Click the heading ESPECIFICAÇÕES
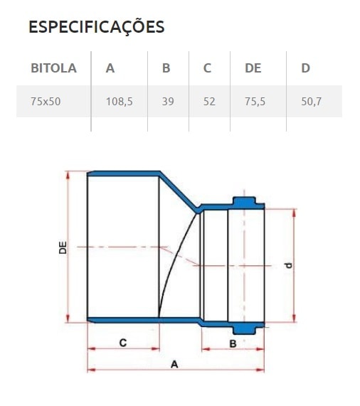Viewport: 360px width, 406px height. point(96,27)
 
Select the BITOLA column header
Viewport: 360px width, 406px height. point(53,68)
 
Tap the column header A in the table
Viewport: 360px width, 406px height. point(110,68)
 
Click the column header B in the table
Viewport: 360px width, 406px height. point(166,68)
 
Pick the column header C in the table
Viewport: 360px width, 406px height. point(207,68)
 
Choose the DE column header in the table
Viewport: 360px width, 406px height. point(253,68)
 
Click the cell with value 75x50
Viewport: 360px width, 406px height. point(46,101)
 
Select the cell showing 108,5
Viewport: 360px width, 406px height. point(119,101)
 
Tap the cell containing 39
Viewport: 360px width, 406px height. point(168,101)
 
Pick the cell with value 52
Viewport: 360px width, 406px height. point(209,101)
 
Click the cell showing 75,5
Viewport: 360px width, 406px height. point(255,101)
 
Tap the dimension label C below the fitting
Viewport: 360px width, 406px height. point(122,342)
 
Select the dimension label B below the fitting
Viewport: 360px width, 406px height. point(232,343)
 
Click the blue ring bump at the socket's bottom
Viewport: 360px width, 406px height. point(246,328)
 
